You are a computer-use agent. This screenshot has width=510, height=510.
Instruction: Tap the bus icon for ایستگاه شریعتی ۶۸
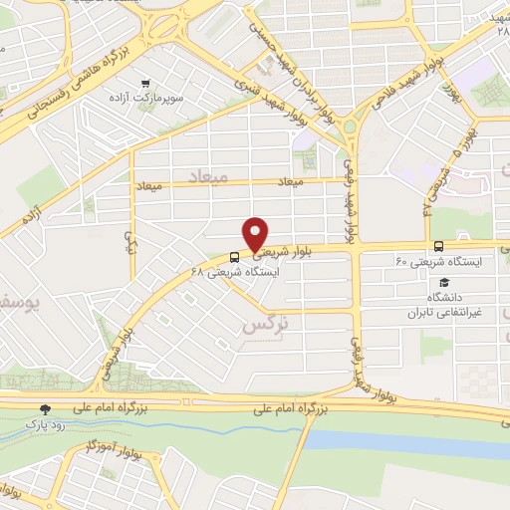[234, 255]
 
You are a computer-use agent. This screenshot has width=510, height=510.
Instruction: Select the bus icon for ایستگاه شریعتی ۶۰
[439, 246]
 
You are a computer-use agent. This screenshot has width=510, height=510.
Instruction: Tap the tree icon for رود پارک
[45, 408]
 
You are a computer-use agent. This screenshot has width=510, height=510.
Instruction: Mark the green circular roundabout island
[351, 127]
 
